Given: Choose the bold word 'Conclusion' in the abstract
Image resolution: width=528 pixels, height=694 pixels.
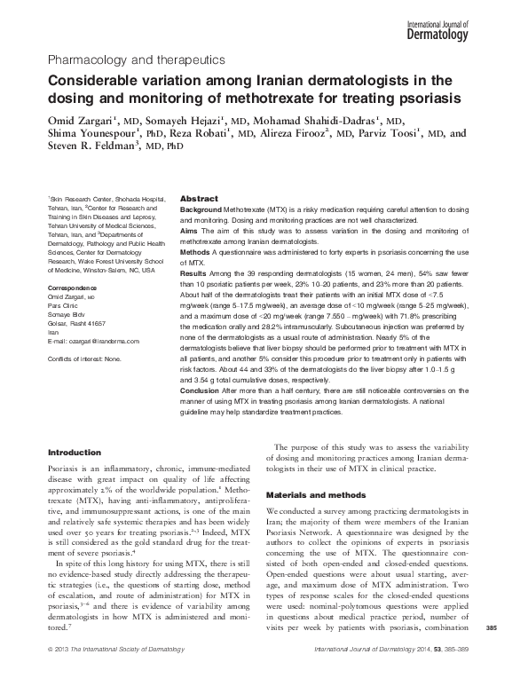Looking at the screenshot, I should tap(203, 388).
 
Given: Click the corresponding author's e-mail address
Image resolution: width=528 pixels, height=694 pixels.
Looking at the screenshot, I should tap(93, 341).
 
